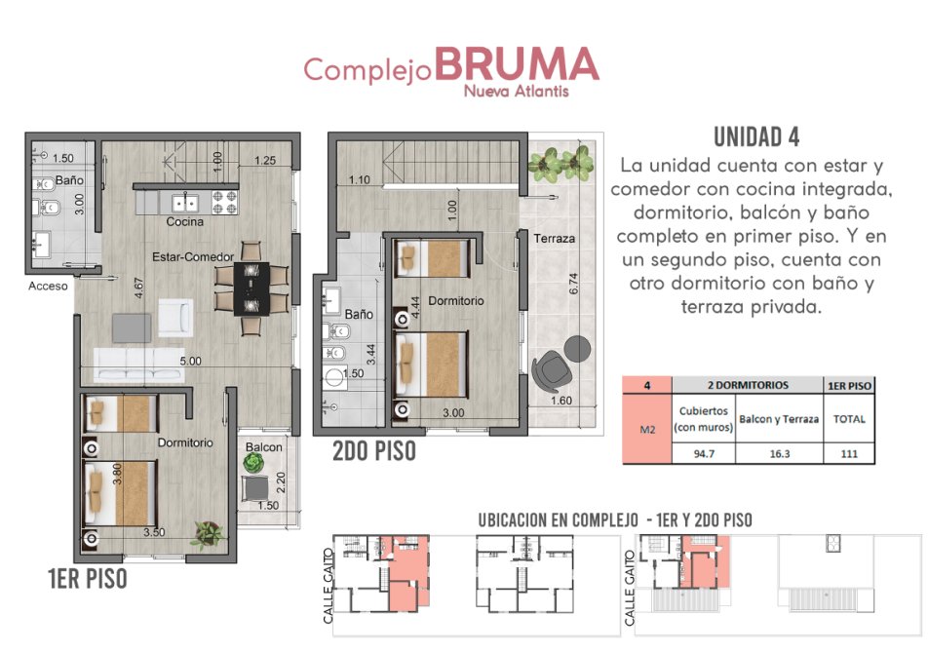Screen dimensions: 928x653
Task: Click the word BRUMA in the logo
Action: pos(518,64)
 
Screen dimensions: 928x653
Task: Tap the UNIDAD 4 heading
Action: pos(756,137)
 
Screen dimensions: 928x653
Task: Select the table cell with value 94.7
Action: pos(704,453)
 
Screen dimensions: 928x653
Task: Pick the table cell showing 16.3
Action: pos(780,453)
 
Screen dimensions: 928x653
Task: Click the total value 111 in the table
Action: pos(849,453)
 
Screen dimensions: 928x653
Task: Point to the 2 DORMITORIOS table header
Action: pos(748,385)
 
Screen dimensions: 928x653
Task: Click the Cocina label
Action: pos(184,222)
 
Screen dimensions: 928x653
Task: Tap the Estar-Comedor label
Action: pos(193,256)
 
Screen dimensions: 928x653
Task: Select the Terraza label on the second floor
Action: pos(554,239)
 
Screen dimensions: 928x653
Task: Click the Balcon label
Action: pos(264,447)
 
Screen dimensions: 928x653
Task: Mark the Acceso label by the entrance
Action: pos(48,287)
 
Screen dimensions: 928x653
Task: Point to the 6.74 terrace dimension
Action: pos(573,284)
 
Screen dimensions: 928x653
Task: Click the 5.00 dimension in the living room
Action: pos(191,361)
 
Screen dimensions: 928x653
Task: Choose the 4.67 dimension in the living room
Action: pos(138,288)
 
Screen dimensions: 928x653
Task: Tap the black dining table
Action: pos(251,288)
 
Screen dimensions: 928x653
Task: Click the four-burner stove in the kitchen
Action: pos(225,203)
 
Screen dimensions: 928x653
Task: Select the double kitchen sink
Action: pos(185,203)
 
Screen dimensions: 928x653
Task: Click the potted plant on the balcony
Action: pos(254,463)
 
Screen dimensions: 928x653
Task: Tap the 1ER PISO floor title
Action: pos(88,579)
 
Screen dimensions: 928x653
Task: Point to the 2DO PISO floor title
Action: pos(374,450)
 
